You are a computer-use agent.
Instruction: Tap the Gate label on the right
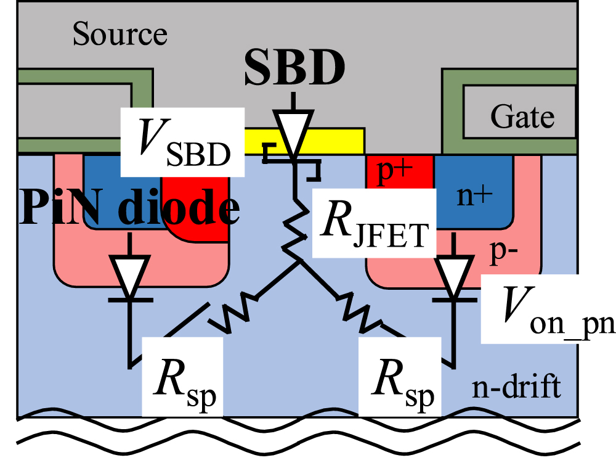[522, 115]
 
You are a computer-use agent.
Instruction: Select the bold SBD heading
[293, 70]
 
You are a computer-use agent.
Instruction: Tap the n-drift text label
[516, 387]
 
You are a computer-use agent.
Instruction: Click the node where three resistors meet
[300, 261]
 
